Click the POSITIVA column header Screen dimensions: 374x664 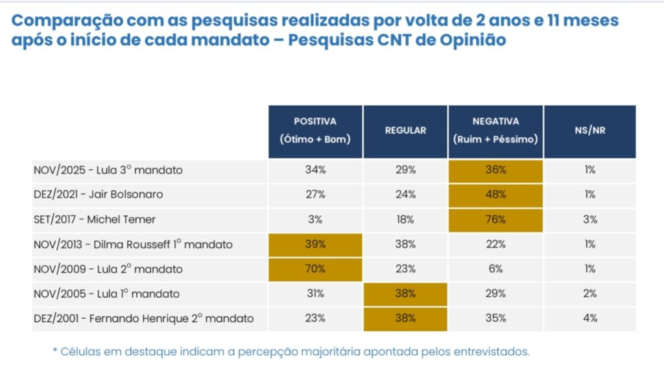315,130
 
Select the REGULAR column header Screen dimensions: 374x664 405,130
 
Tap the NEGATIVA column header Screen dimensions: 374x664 495,130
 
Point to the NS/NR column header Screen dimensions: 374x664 589,130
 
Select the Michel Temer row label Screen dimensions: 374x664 95,219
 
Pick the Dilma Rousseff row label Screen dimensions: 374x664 133,244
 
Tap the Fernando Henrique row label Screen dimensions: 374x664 143,318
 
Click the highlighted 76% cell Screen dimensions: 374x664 495,219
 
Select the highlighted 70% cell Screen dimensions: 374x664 315,269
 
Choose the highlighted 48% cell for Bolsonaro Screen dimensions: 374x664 495,194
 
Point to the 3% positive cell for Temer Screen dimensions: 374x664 315,219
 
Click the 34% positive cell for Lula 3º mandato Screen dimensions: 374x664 315,170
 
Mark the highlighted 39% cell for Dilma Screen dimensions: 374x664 315,244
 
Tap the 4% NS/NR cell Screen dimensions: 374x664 589,318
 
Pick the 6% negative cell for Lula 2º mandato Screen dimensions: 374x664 495,269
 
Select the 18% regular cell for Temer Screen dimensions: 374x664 405,219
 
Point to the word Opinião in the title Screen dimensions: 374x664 464,39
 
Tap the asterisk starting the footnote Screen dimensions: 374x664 54,351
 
